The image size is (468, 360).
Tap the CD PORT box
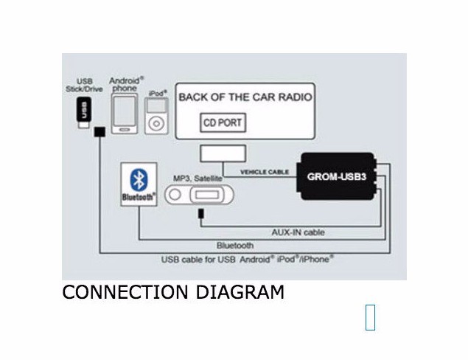[x=222, y=123]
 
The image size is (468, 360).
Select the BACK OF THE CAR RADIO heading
[x=245, y=97]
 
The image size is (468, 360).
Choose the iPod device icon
[x=156, y=113]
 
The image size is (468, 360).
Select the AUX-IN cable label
[x=298, y=232]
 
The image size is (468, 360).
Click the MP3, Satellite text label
[x=199, y=179]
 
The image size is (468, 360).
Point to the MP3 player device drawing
[x=200, y=195]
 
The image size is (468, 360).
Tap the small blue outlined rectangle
[x=370, y=316]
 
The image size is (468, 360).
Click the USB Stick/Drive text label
[x=84, y=84]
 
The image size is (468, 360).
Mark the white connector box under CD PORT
[x=222, y=156]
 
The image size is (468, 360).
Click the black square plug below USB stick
[x=99, y=133]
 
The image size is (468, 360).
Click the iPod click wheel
[x=156, y=122]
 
